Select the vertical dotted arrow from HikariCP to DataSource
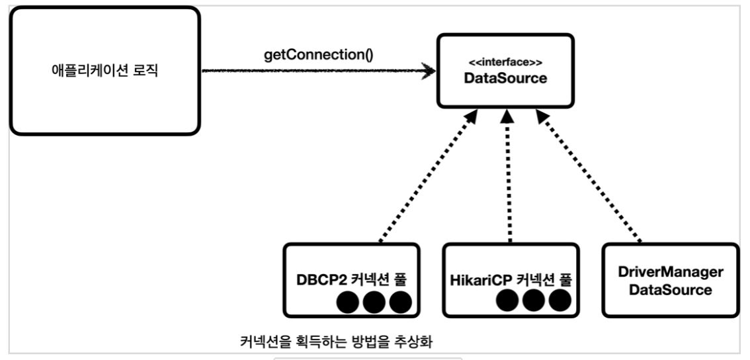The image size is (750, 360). [x=507, y=175]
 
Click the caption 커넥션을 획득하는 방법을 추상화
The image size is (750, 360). [x=345, y=342]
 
